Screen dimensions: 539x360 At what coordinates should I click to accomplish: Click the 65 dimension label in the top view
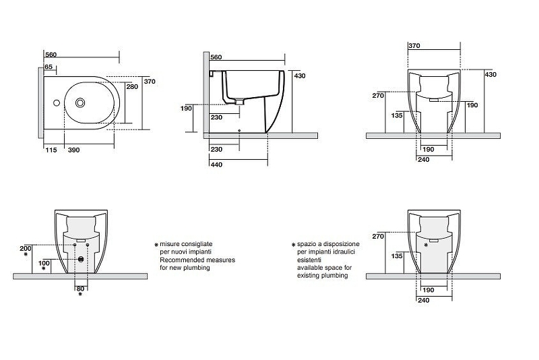49,67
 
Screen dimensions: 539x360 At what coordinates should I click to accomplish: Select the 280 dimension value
132,87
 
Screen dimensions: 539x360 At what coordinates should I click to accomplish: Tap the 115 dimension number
51,150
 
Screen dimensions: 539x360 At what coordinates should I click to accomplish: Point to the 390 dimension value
74,150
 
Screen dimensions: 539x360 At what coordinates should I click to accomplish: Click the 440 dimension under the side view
216,164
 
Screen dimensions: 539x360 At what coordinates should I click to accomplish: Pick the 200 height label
26,248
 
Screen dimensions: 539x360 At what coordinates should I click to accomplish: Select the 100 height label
44,263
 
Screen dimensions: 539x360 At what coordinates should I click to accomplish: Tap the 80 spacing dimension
80,289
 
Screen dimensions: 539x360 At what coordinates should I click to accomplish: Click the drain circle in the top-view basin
80,102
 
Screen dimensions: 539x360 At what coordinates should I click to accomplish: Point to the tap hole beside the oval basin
57,102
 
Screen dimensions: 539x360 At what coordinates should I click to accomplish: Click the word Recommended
182,260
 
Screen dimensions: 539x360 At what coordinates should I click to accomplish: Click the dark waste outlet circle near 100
81,259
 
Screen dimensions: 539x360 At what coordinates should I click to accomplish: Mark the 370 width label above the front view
414,46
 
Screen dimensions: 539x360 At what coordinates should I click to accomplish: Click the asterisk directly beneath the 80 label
80,295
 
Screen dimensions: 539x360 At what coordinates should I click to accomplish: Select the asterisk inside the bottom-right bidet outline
426,245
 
